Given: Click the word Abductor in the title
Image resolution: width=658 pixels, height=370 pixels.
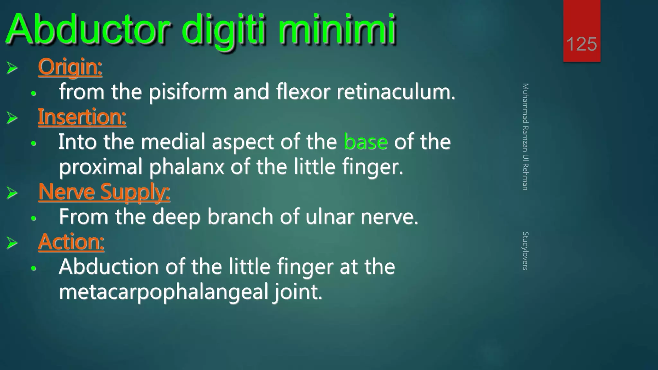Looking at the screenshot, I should (x=87, y=30).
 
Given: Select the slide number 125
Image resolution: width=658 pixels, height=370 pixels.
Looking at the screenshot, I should (x=582, y=44).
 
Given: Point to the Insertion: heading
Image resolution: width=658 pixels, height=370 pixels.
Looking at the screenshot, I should (x=82, y=117).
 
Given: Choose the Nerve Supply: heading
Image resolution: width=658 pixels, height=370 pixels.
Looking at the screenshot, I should (x=104, y=192).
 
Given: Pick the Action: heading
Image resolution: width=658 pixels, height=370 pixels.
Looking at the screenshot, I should (x=71, y=242).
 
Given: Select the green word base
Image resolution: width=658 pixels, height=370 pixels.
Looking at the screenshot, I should (x=366, y=142).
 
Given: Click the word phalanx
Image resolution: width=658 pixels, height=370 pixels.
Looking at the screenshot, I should (x=187, y=167).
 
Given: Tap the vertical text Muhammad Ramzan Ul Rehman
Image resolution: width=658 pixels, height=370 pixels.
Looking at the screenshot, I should (x=525, y=137).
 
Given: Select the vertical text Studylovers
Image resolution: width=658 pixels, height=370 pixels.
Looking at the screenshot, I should (x=525, y=251).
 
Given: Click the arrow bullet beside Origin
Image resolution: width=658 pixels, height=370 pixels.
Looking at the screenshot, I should (x=12, y=68).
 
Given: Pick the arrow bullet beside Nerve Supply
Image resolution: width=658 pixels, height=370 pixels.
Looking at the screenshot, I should (x=12, y=193).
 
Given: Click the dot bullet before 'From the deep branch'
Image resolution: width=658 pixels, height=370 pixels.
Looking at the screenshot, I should (x=33, y=218).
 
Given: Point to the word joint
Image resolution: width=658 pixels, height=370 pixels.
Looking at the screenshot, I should (x=298, y=292).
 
